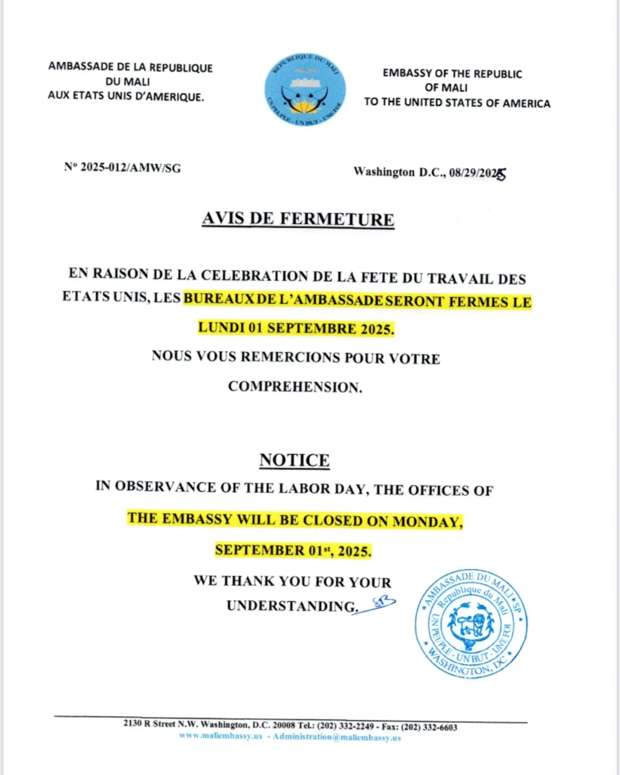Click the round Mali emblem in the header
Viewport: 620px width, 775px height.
coord(305,90)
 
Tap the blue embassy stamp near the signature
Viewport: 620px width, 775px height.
coord(471,623)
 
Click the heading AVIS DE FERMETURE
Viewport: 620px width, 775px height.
coord(298,219)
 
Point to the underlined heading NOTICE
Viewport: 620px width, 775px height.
coord(295,460)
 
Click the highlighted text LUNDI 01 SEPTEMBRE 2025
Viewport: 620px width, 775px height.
coord(296,328)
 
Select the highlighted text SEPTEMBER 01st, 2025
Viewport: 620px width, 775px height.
coord(293,550)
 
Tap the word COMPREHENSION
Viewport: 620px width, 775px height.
coord(295,387)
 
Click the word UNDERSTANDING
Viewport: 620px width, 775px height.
coord(292,606)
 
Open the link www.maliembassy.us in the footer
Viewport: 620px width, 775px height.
coord(221,736)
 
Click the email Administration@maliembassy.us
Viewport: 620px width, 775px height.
coord(337,737)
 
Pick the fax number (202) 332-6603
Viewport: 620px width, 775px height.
coord(429,727)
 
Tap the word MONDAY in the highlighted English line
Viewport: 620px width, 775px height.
coord(427,522)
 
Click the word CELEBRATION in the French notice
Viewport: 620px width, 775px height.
coord(254,276)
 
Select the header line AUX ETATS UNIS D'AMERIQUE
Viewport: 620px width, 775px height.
coord(126,96)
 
